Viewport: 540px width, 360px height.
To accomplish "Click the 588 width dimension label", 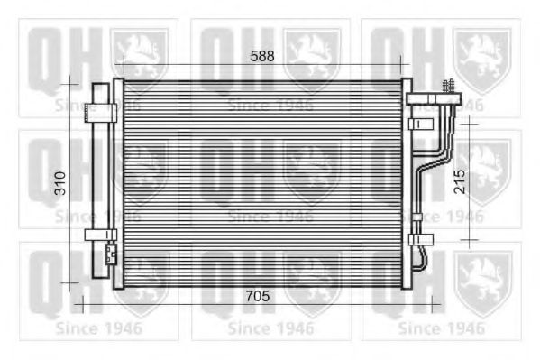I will pos(261,56).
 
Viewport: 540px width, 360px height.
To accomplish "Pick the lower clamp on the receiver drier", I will pos(100,235).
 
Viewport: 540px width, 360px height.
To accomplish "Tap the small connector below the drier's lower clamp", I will pos(109,254).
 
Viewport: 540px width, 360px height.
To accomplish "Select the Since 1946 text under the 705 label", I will pos(270,327).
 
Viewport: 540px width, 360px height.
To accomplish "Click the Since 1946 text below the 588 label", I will pos(270,105).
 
